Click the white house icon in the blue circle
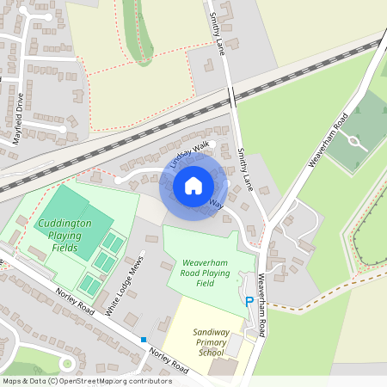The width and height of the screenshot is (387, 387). [x=193, y=185]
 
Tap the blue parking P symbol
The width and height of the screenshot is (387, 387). [x=249, y=302]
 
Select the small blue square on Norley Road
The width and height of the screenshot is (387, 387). [x=143, y=340]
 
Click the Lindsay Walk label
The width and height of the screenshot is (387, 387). [x=189, y=154]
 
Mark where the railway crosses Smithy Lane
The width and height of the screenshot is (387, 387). [x=232, y=96]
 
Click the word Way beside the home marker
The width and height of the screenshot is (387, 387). [x=217, y=205]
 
